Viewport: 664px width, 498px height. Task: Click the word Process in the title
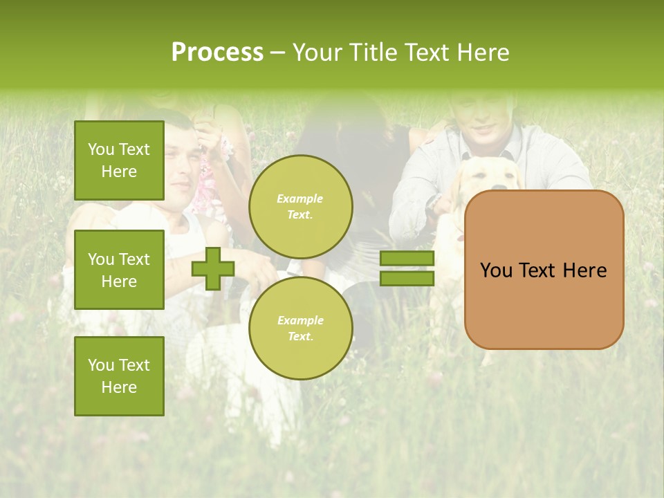pyautogui.click(x=217, y=52)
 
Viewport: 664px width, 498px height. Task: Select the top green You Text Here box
pyautogui.click(x=119, y=160)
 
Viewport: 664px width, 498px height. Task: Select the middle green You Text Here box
pyautogui.click(x=119, y=270)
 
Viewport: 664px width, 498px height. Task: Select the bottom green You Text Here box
pyautogui.click(x=119, y=376)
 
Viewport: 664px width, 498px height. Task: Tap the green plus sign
pyautogui.click(x=213, y=268)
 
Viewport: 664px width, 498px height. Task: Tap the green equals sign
pyautogui.click(x=407, y=268)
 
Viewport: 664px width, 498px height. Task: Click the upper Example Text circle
pyautogui.click(x=300, y=206)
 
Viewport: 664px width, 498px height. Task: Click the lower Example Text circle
pyautogui.click(x=300, y=328)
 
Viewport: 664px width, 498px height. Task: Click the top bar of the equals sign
pyautogui.click(x=407, y=258)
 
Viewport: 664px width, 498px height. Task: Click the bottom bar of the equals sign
pyautogui.click(x=407, y=278)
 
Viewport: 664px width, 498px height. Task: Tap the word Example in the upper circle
pyautogui.click(x=300, y=199)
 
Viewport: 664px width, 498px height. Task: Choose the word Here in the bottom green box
pyautogui.click(x=119, y=387)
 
